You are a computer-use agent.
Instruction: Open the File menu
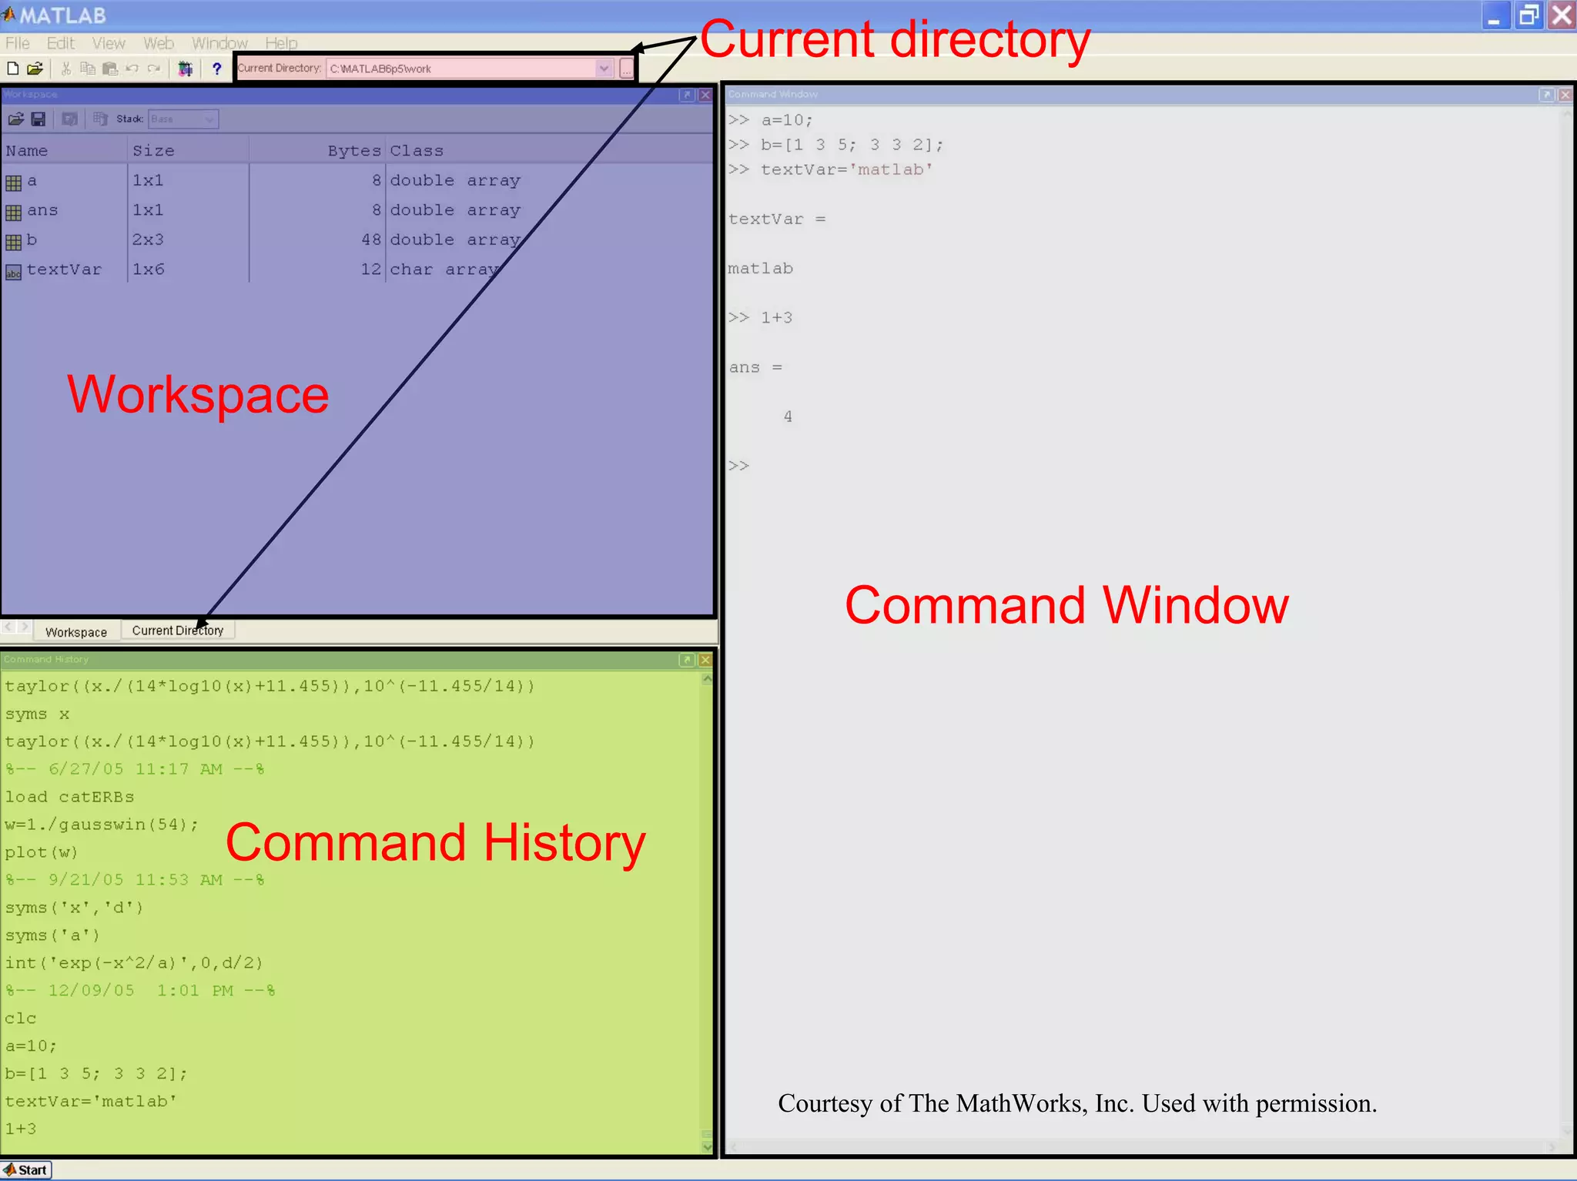point(17,43)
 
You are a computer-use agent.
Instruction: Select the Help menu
point(281,43)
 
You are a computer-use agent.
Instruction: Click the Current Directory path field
point(462,69)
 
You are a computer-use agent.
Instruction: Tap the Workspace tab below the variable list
point(75,632)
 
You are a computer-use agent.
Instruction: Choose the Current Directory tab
point(178,631)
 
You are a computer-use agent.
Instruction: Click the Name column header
point(27,151)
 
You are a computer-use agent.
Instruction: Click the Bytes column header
point(353,151)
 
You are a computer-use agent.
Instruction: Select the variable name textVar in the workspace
point(64,269)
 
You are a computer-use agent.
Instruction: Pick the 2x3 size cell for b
point(148,239)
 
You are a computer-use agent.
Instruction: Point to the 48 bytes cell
point(371,239)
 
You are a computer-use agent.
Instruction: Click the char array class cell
point(444,269)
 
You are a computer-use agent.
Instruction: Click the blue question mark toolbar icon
point(217,69)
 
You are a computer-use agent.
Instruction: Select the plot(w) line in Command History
point(42,852)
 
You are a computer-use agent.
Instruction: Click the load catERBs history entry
point(69,797)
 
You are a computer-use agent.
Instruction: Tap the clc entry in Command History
point(21,1019)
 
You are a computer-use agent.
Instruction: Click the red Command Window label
point(1066,605)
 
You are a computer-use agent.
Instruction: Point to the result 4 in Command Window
point(788,417)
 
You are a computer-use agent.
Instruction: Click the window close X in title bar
point(1561,15)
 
